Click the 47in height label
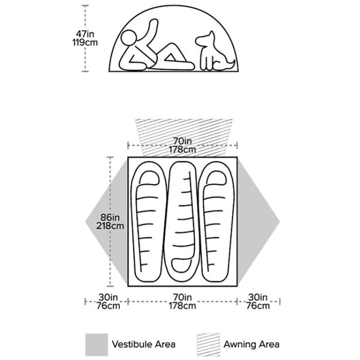pos(85,34)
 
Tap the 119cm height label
pos(85,43)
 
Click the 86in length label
pos(110,217)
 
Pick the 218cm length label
pos(110,226)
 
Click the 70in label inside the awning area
pos(182,141)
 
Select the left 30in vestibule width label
pos(108,297)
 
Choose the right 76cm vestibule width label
pos(258,306)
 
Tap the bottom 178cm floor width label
pos(182,306)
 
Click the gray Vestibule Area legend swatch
pos(97,345)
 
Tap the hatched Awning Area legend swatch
pos(208,345)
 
